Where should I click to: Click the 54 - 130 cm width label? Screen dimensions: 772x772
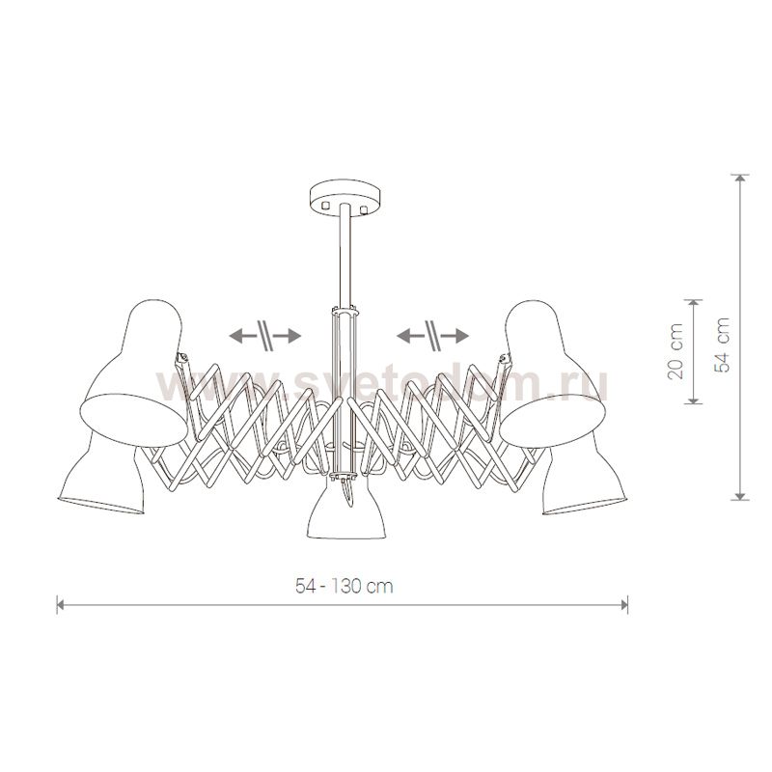(345, 586)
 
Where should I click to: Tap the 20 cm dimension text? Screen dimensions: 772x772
(675, 351)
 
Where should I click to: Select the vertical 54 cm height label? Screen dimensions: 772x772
(721, 345)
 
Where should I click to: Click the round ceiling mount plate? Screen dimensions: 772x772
(345, 195)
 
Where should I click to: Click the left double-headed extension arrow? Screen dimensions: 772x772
(264, 336)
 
